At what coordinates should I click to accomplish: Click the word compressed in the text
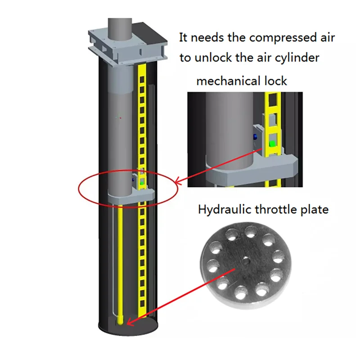(272, 37)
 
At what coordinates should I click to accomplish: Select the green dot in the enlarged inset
(272, 144)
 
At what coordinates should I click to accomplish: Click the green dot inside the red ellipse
(143, 183)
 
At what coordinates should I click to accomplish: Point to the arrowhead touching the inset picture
(178, 182)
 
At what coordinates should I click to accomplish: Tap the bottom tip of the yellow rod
(121, 321)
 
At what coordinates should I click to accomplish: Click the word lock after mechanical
(276, 81)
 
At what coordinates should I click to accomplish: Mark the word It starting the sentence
(184, 37)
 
